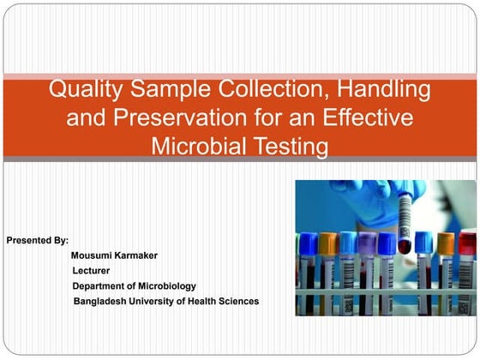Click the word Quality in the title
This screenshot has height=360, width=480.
click(x=84, y=88)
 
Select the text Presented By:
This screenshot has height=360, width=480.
click(x=38, y=240)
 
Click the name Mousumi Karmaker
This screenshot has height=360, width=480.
click(x=115, y=255)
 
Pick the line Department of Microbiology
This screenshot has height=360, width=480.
click(x=135, y=286)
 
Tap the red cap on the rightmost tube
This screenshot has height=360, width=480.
click(x=468, y=243)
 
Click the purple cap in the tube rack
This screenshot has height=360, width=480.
click(x=368, y=243)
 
